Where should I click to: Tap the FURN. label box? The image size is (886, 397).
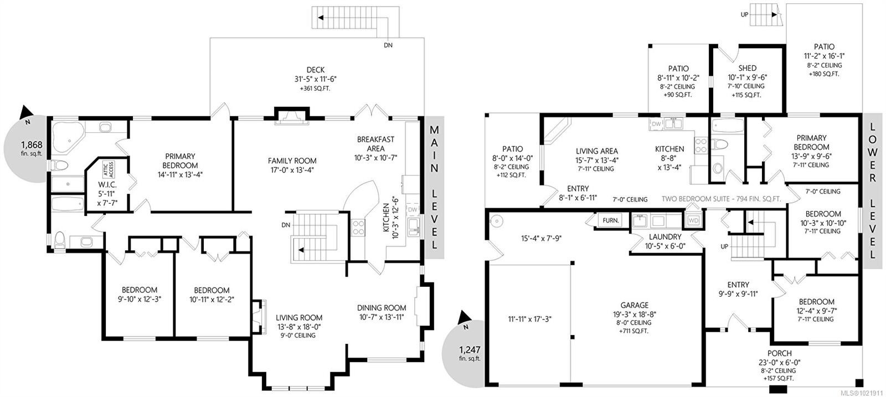(x=611, y=220)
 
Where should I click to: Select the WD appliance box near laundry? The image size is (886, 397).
(x=693, y=220)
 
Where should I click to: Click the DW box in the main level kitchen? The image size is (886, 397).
(x=413, y=210)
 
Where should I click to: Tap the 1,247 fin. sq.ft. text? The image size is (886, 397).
(x=470, y=353)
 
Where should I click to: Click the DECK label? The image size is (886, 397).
(x=316, y=70)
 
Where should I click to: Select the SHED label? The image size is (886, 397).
(x=747, y=68)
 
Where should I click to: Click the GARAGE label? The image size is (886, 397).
(x=634, y=305)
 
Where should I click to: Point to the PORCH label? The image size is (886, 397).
(x=779, y=353)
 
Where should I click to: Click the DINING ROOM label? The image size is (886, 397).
(x=382, y=308)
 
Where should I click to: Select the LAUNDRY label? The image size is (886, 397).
(x=665, y=237)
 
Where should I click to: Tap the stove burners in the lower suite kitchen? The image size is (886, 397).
(x=701, y=145)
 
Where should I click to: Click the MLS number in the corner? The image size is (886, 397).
(x=862, y=393)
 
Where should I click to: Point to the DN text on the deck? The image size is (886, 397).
(x=388, y=45)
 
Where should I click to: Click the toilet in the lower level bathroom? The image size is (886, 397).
(x=720, y=145)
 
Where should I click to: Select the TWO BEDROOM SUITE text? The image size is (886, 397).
(x=722, y=198)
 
